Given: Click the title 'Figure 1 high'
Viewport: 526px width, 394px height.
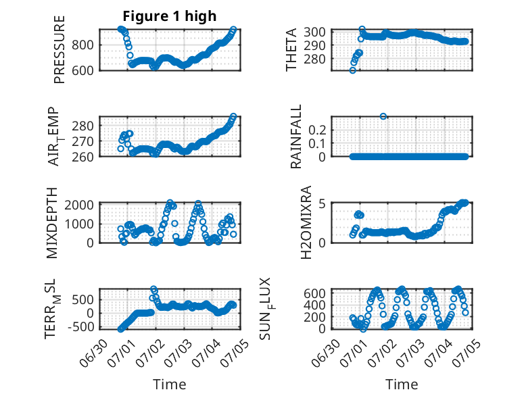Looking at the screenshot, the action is [170, 16].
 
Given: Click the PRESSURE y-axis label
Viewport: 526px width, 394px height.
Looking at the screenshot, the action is [59, 49].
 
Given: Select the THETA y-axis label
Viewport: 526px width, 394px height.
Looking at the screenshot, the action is [291, 49].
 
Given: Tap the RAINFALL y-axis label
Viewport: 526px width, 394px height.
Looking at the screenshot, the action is [296, 137].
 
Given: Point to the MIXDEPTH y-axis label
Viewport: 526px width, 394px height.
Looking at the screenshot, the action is [51, 223].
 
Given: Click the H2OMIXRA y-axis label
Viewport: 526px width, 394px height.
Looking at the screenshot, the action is [306, 222].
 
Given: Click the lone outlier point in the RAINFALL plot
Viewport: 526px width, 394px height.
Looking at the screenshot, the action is [383, 116].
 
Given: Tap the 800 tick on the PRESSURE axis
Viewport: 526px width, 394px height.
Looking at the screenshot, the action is [82, 45].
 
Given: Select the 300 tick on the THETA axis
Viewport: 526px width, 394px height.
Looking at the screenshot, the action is [314, 32].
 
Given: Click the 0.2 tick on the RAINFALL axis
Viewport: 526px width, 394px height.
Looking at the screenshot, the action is [317, 130].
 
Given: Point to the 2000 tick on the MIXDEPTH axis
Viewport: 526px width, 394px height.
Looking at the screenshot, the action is [79, 205].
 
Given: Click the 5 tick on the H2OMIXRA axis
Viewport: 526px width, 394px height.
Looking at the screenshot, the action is [322, 203].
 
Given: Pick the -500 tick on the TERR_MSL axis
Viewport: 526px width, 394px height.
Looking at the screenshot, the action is [81, 327].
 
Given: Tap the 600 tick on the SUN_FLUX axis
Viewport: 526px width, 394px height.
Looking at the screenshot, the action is [314, 293].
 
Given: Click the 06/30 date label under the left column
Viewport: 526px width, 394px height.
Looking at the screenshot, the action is [94, 353].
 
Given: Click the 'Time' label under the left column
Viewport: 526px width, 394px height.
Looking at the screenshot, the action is [170, 385].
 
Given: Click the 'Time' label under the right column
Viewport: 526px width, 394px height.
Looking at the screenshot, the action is [402, 385].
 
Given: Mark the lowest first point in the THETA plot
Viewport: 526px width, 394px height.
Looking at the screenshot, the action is [352, 70].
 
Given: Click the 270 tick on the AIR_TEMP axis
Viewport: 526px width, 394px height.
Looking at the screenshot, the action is [82, 142].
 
